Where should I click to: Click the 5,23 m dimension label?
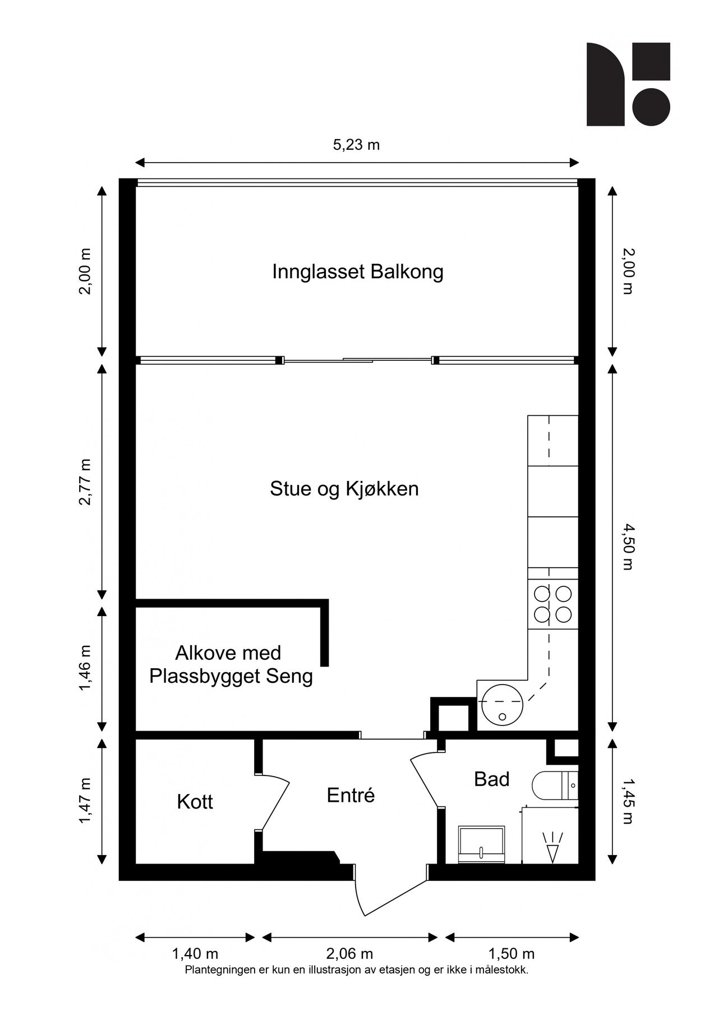coord(356,145)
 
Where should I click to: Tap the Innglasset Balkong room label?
coord(357,272)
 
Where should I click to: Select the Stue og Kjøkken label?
coord(344,489)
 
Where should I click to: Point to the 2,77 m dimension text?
coord(85,482)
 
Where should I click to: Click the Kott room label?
coord(195,802)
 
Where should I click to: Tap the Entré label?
coord(351,795)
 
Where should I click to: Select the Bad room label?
coord(491,779)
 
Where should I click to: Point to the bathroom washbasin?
coord(482,844)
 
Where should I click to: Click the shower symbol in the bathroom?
coord(552,846)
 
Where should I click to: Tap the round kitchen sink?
coord(502,705)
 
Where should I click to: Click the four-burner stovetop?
coord(552,604)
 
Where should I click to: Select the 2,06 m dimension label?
coord(349,953)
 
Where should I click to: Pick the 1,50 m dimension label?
coord(511,953)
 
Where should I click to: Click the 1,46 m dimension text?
coord(85,668)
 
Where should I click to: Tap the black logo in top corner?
coord(628,84)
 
